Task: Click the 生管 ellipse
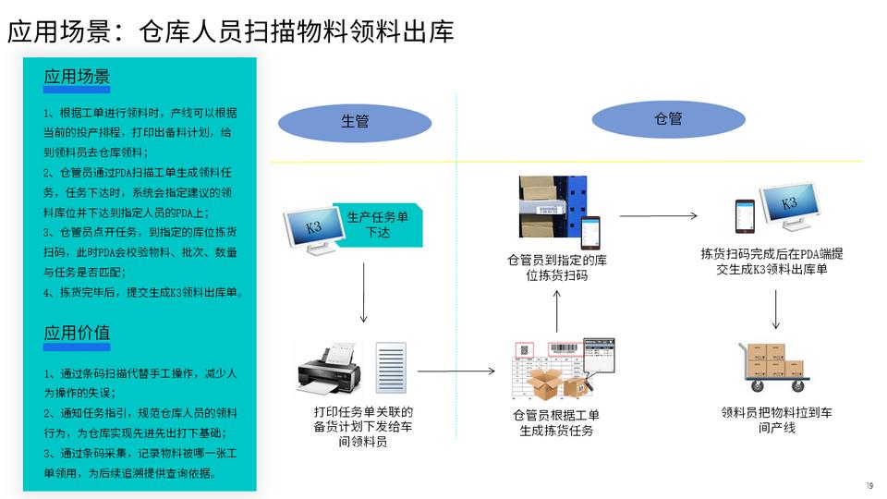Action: click(x=355, y=122)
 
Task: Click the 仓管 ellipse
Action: click(x=668, y=119)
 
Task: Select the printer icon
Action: click(x=326, y=370)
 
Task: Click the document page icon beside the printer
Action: click(x=391, y=370)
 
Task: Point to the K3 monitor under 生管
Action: click(x=311, y=230)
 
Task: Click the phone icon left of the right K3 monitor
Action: click(x=745, y=216)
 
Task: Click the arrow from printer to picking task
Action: click(x=456, y=371)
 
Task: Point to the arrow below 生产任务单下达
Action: click(x=363, y=291)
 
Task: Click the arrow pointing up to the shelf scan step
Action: click(x=557, y=311)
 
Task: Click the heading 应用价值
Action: click(x=77, y=333)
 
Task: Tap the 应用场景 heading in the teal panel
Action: click(x=77, y=76)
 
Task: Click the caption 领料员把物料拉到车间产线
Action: click(x=776, y=420)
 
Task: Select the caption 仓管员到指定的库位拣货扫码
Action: click(x=557, y=268)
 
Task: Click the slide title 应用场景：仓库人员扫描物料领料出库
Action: click(x=231, y=32)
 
